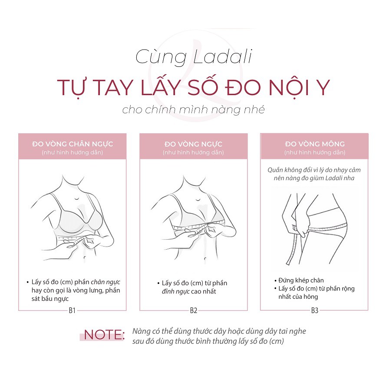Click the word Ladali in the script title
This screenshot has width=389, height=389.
pos(223,57)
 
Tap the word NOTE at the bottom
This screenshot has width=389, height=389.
pos(103,335)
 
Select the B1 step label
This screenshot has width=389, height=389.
pos(72,310)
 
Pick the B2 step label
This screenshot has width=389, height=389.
pos(194,310)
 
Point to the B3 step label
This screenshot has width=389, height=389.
pos(315,310)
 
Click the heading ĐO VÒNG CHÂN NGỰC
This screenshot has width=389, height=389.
pos(73,144)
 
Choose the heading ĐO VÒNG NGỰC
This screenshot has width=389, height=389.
pos(193,144)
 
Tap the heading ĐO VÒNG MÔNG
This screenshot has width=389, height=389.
pos(315,144)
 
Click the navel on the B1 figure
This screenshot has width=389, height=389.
pos(85,258)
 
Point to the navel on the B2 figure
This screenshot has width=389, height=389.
pos(205,259)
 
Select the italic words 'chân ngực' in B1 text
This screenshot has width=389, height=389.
pos(105,282)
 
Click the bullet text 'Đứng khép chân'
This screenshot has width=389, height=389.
pos(301,280)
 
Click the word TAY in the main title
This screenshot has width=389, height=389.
pos(114,87)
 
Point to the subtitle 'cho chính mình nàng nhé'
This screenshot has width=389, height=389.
pos(194,110)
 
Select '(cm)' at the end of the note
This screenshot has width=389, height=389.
pos(277,341)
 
